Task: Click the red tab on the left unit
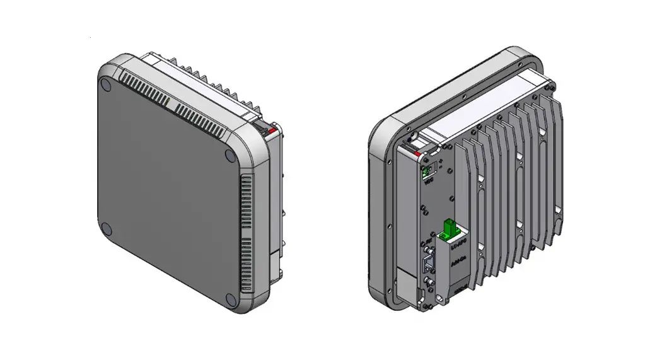click(x=271, y=131)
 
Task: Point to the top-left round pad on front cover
click(x=106, y=83)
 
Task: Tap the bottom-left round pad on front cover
click(x=107, y=229)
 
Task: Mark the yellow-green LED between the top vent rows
click(x=170, y=99)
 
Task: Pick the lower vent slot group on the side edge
click(x=246, y=262)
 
